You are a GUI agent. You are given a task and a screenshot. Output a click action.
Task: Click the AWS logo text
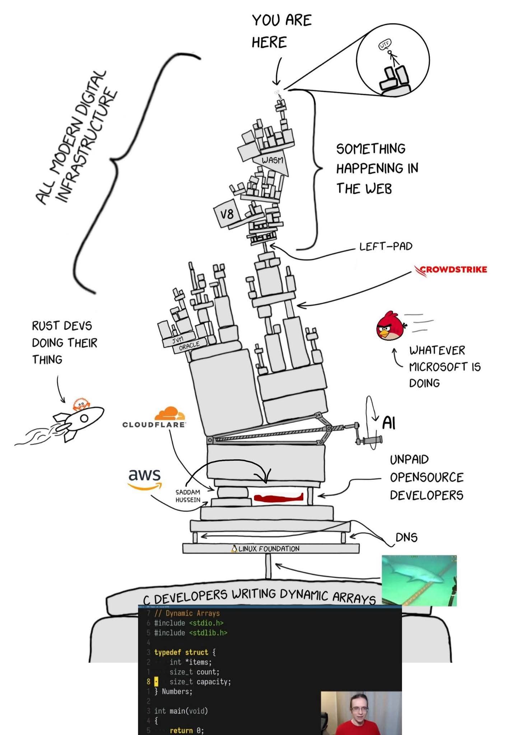pos(145,474)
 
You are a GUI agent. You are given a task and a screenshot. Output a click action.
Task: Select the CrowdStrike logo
pos(451,270)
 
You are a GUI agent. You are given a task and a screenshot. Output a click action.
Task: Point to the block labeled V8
pos(226,214)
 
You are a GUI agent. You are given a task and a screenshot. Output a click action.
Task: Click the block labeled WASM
pos(272,160)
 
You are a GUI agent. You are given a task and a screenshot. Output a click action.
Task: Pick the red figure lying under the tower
pos(279,498)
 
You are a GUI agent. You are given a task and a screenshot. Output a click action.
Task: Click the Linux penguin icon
pos(234,548)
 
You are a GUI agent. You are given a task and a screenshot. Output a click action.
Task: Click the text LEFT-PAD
pos(386,247)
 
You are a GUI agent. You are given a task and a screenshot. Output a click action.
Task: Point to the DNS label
pos(406,537)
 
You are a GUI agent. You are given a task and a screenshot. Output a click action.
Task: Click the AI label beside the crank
pos(389,422)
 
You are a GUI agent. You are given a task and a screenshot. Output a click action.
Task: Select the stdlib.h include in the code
pos(208,633)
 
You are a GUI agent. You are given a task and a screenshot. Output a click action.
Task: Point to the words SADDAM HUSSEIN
pos(188,496)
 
